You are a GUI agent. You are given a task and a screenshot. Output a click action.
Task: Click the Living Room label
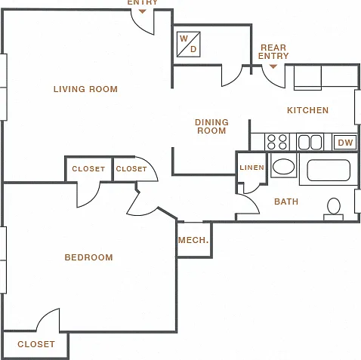coord(85,89)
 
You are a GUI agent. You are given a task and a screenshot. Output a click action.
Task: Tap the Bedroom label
coord(88,257)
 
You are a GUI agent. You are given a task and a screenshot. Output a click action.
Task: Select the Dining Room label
coord(211,126)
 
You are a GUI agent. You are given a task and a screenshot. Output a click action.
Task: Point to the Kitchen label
coord(307,110)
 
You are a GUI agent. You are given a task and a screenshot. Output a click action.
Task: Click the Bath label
coord(286,202)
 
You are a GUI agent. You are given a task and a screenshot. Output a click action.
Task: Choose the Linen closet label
coord(251,168)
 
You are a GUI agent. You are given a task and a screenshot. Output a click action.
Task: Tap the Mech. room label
coord(193,240)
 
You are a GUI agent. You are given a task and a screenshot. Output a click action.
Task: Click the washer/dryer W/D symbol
coord(188,45)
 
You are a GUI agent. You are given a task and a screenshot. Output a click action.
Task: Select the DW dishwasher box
coord(345,143)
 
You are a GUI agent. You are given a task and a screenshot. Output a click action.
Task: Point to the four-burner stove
coord(277,142)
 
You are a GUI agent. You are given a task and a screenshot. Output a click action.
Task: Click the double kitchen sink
coord(310,143)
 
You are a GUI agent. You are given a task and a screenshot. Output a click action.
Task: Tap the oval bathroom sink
coord(283,166)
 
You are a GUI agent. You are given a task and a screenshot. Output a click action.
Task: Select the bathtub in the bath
coord(329,170)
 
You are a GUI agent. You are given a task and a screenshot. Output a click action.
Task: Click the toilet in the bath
coord(334,209)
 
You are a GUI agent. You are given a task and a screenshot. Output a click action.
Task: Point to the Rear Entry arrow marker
coord(273,66)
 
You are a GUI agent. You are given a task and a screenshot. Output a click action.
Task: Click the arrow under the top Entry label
coord(143,11)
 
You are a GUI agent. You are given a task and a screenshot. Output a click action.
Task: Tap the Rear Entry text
coord(273,51)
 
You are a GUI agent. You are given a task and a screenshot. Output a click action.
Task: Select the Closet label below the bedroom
coord(36,344)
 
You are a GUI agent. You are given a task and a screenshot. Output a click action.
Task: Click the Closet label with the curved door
coord(131,169)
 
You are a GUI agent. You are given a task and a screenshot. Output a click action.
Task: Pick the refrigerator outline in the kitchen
coord(307,78)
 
